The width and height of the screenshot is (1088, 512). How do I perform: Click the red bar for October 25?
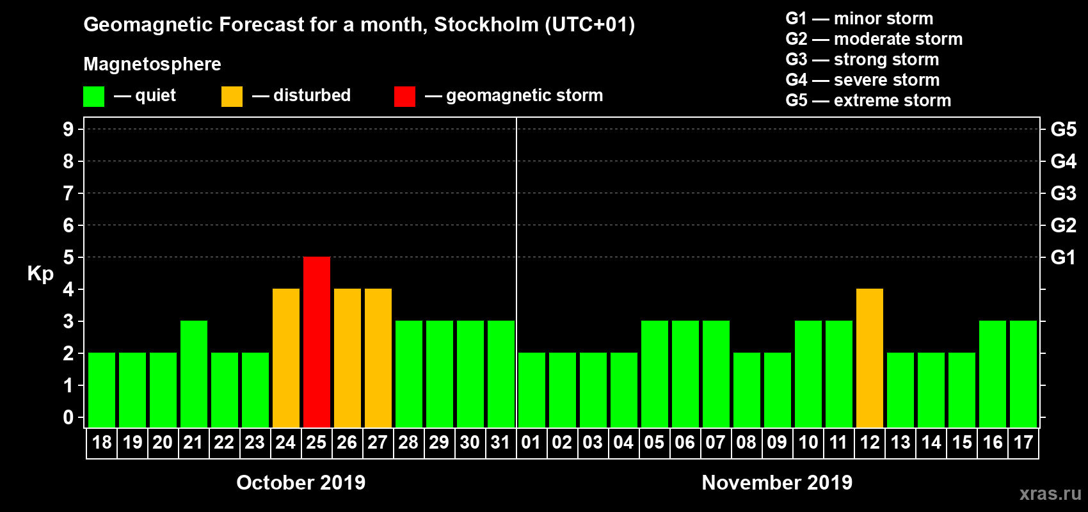(317, 342)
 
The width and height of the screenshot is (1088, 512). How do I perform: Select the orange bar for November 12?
(870, 358)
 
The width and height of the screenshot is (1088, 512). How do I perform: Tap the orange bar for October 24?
(286, 358)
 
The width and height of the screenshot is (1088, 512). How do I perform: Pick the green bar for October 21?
(194, 374)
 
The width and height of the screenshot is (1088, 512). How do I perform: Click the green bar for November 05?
(655, 374)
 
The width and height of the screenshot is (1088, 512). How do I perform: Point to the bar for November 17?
(1023, 374)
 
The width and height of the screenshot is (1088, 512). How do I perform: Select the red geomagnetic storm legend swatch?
(404, 97)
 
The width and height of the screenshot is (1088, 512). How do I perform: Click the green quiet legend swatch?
(93, 97)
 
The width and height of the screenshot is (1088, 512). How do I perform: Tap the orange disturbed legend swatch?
(232, 97)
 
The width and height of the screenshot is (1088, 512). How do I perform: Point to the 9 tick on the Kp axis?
(68, 129)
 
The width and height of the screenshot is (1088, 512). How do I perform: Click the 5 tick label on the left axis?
(68, 257)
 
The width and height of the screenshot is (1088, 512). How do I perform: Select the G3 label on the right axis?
(1063, 193)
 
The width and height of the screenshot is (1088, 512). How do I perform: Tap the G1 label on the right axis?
(1063, 257)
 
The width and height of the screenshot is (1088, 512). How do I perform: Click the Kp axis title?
(40, 274)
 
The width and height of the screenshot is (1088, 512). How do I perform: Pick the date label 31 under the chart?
(500, 443)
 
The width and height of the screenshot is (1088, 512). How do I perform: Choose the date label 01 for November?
(531, 443)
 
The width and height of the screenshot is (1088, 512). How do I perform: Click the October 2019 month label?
(301, 483)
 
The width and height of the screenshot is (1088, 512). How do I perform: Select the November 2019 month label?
(777, 483)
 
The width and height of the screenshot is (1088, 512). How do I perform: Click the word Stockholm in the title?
(486, 25)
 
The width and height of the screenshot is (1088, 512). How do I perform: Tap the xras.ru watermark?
(1050, 493)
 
